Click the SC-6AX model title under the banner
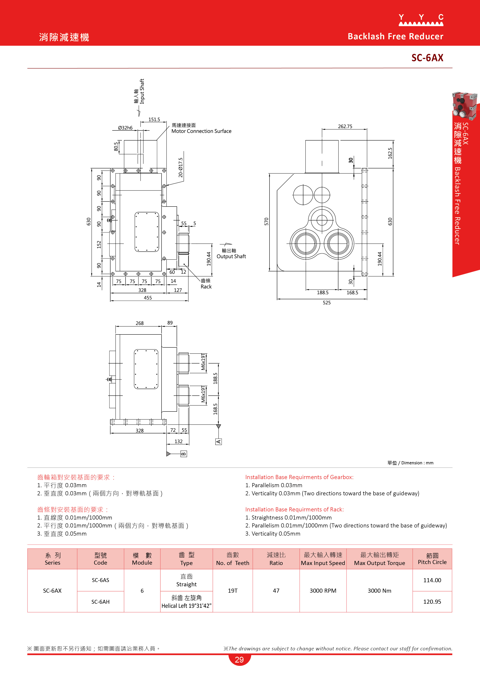(x=427, y=58)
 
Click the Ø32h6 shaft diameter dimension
(x=125, y=128)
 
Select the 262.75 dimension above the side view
(x=345, y=126)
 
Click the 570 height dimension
(x=266, y=221)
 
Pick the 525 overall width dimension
(x=327, y=303)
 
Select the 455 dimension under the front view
(x=148, y=298)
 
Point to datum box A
(x=218, y=442)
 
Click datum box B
(x=184, y=454)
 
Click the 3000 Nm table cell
(x=380, y=591)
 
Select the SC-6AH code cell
(x=100, y=602)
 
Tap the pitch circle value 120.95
(x=432, y=602)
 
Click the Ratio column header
(x=276, y=559)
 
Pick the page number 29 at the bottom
(x=239, y=660)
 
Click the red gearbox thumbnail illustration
(x=464, y=105)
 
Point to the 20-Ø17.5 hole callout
(x=181, y=167)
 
